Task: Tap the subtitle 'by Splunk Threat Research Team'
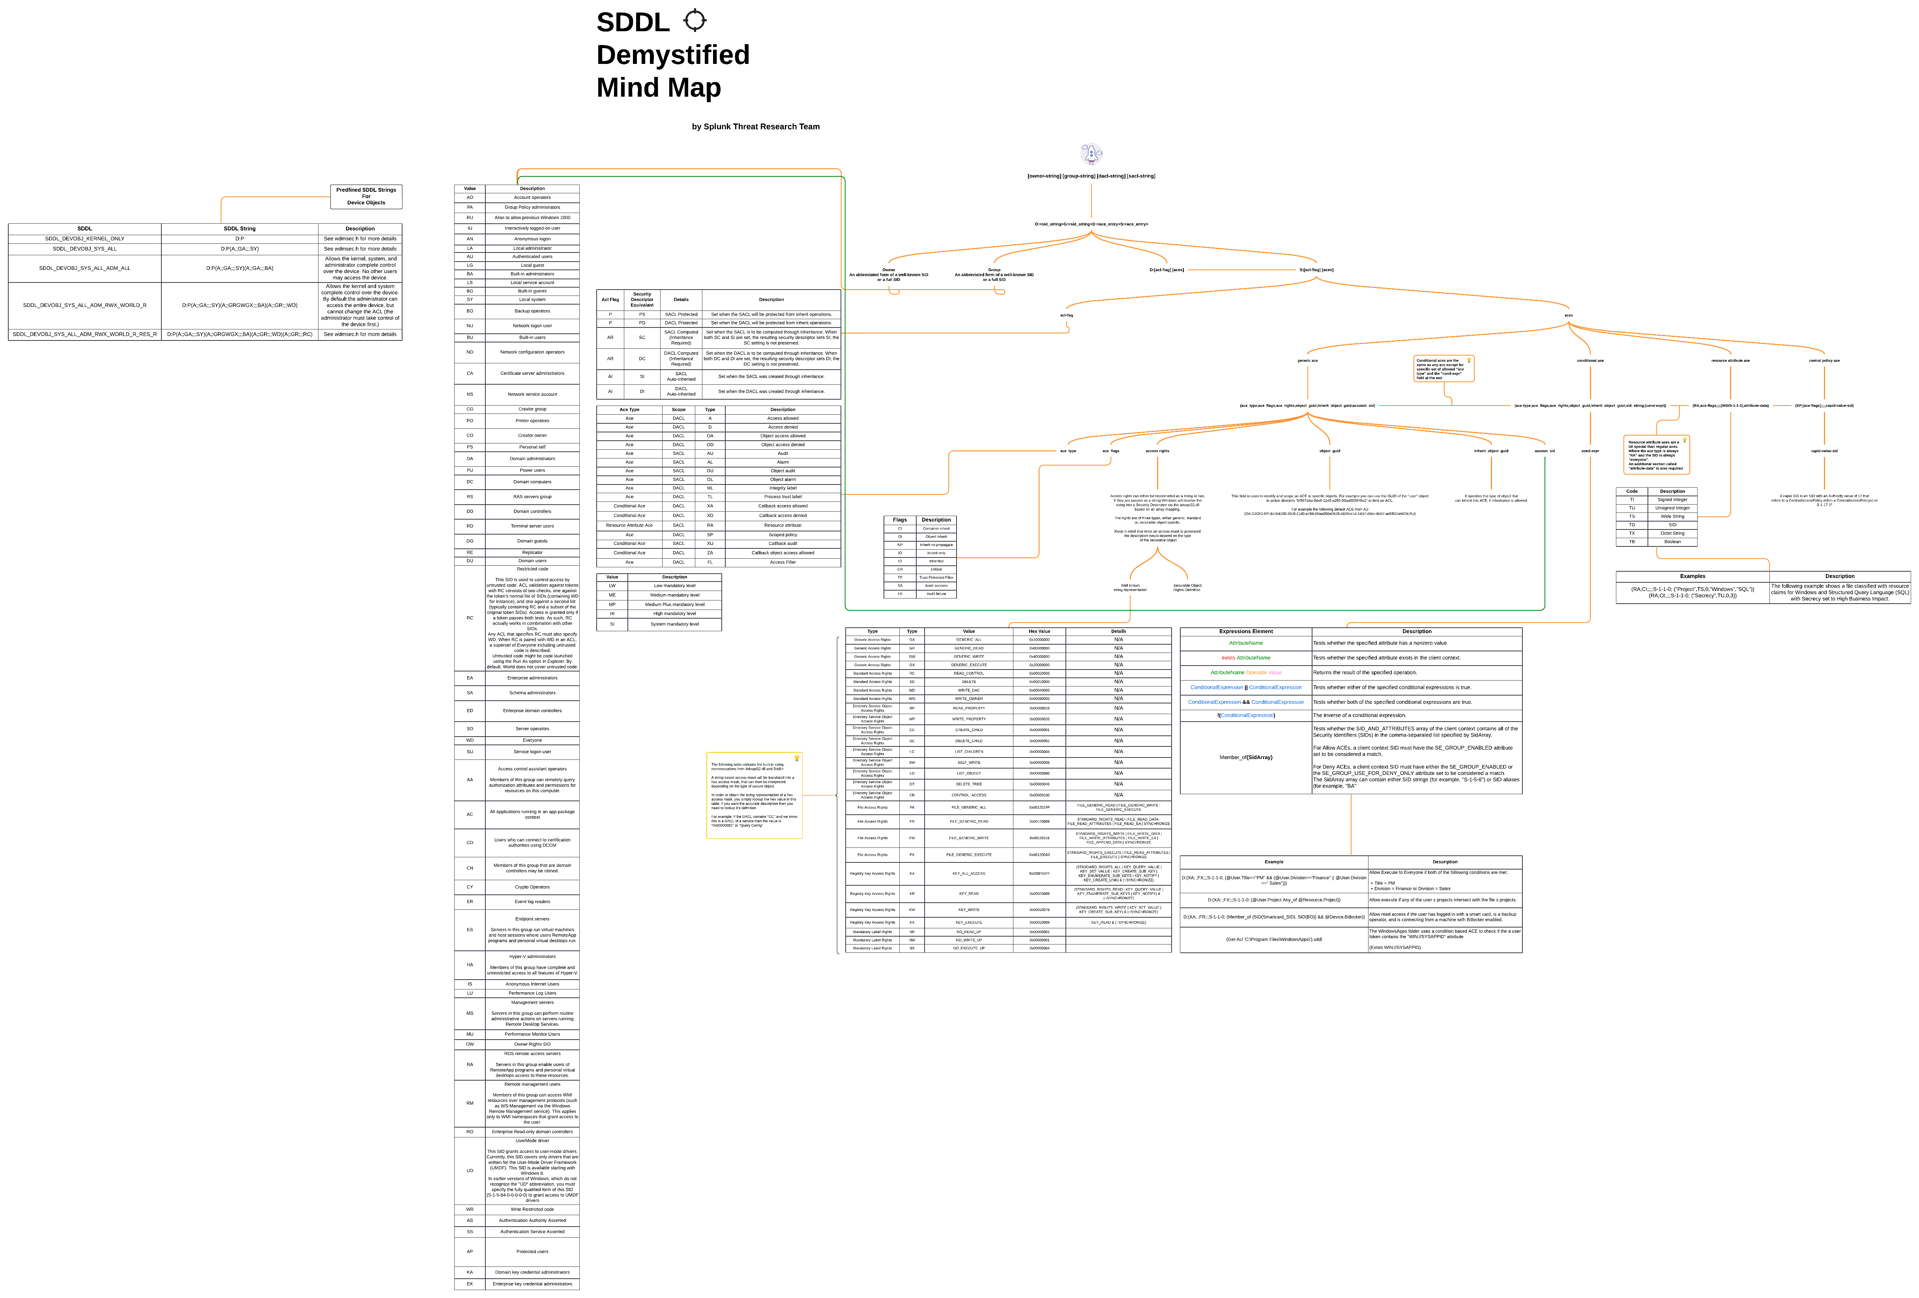(756, 126)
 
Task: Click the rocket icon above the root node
(1091, 153)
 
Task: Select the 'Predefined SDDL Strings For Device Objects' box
(366, 196)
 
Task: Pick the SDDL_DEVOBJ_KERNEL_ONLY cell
(84, 239)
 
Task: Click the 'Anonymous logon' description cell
(532, 239)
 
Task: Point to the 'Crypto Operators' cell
(532, 887)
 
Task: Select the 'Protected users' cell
(532, 1251)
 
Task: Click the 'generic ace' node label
(1307, 361)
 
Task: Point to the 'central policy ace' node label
(1824, 361)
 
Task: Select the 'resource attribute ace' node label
(1730, 361)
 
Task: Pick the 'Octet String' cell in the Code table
(1672, 533)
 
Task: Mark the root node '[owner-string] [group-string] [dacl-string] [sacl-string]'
(1091, 176)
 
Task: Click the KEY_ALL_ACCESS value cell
(969, 873)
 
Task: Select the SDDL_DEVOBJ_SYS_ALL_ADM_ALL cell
(84, 268)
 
